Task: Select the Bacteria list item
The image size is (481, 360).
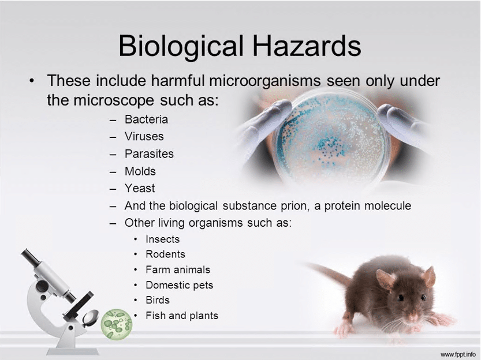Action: [146, 119]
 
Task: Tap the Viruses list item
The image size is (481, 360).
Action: [144, 137]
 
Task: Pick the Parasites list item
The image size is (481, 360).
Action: [149, 154]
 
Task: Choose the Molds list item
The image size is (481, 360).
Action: [140, 171]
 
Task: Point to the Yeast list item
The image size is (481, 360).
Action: [140, 188]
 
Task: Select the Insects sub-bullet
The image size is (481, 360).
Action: [162, 239]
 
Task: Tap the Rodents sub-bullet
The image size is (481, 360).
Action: [165, 254]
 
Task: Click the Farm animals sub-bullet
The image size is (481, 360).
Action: [178, 269]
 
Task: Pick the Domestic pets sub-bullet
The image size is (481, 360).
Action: [179, 285]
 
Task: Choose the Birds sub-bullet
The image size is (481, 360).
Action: [158, 300]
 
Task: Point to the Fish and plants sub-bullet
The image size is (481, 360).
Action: [181, 316]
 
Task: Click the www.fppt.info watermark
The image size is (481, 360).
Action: [458, 353]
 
